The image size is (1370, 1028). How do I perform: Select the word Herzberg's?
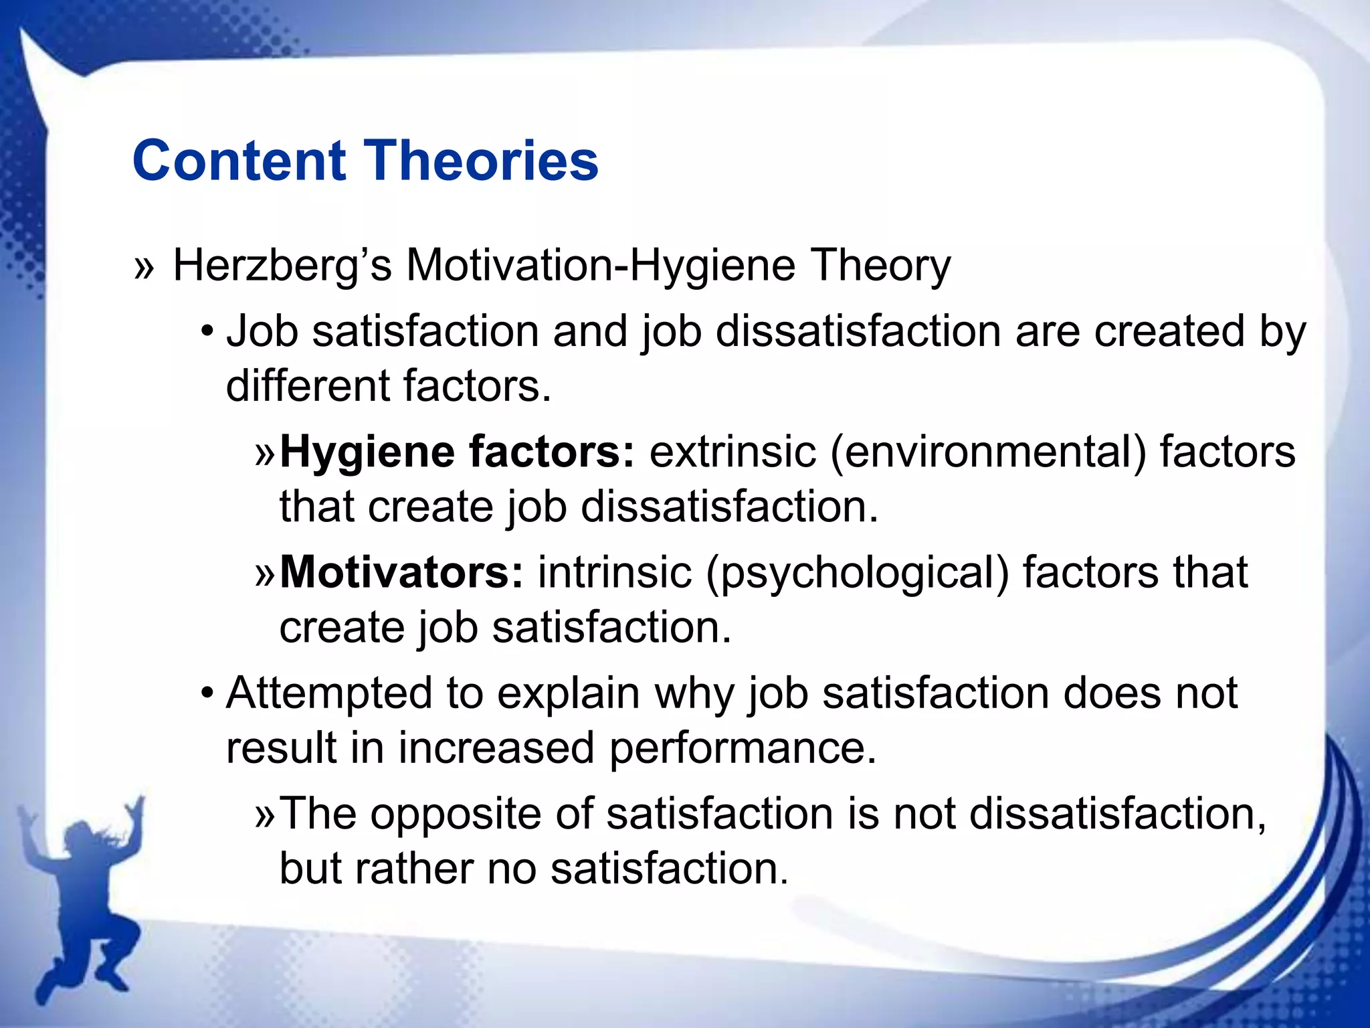tap(282, 266)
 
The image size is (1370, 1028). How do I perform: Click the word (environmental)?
tap(988, 452)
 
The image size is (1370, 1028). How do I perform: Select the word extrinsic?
tap(732, 452)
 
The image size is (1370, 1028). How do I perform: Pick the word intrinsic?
tap(615, 573)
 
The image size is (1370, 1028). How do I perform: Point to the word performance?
tap(742, 748)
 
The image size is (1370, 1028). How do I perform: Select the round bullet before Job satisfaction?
tap(208, 331)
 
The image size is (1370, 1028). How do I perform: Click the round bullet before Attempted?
tap(208, 693)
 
